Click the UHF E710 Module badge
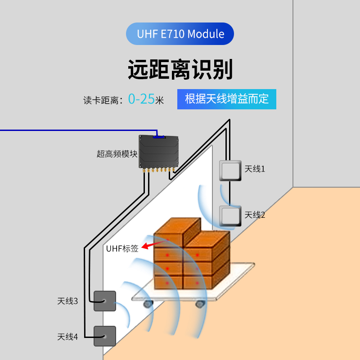click(x=180, y=34)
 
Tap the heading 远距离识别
click(x=180, y=70)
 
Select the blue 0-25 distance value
click(x=141, y=99)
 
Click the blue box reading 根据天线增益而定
click(x=226, y=99)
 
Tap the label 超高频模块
click(x=117, y=154)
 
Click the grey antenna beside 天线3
click(x=104, y=301)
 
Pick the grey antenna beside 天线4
click(x=104, y=336)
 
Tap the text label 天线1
click(x=255, y=169)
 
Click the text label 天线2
click(x=255, y=215)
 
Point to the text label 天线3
click(x=67, y=301)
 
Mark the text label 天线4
click(x=67, y=337)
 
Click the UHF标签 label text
click(x=122, y=248)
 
